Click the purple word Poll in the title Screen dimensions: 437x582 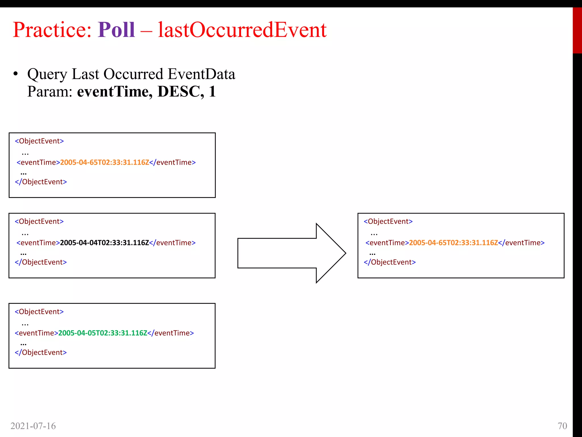coord(116,30)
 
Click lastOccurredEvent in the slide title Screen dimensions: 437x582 coord(242,30)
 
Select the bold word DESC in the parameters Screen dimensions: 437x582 coord(180,92)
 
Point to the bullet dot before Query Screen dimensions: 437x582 coord(16,74)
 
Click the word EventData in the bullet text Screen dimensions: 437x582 coord(201,74)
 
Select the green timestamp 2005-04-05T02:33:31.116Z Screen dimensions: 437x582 coord(103,333)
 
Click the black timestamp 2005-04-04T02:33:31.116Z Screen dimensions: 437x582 coord(104,243)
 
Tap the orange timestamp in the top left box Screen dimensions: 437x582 coord(104,162)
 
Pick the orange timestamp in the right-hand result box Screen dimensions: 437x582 coord(453,243)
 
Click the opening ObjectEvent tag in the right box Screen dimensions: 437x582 coord(388,221)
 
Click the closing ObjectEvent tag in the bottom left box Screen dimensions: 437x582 coord(41,353)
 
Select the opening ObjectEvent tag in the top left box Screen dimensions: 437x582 coord(39,141)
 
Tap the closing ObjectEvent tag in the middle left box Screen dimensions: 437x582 coord(41,262)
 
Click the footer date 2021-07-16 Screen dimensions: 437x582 coord(33,426)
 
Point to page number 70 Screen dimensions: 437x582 coord(562,426)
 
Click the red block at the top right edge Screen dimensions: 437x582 coord(577,30)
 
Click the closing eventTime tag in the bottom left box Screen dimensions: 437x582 coord(171,333)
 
